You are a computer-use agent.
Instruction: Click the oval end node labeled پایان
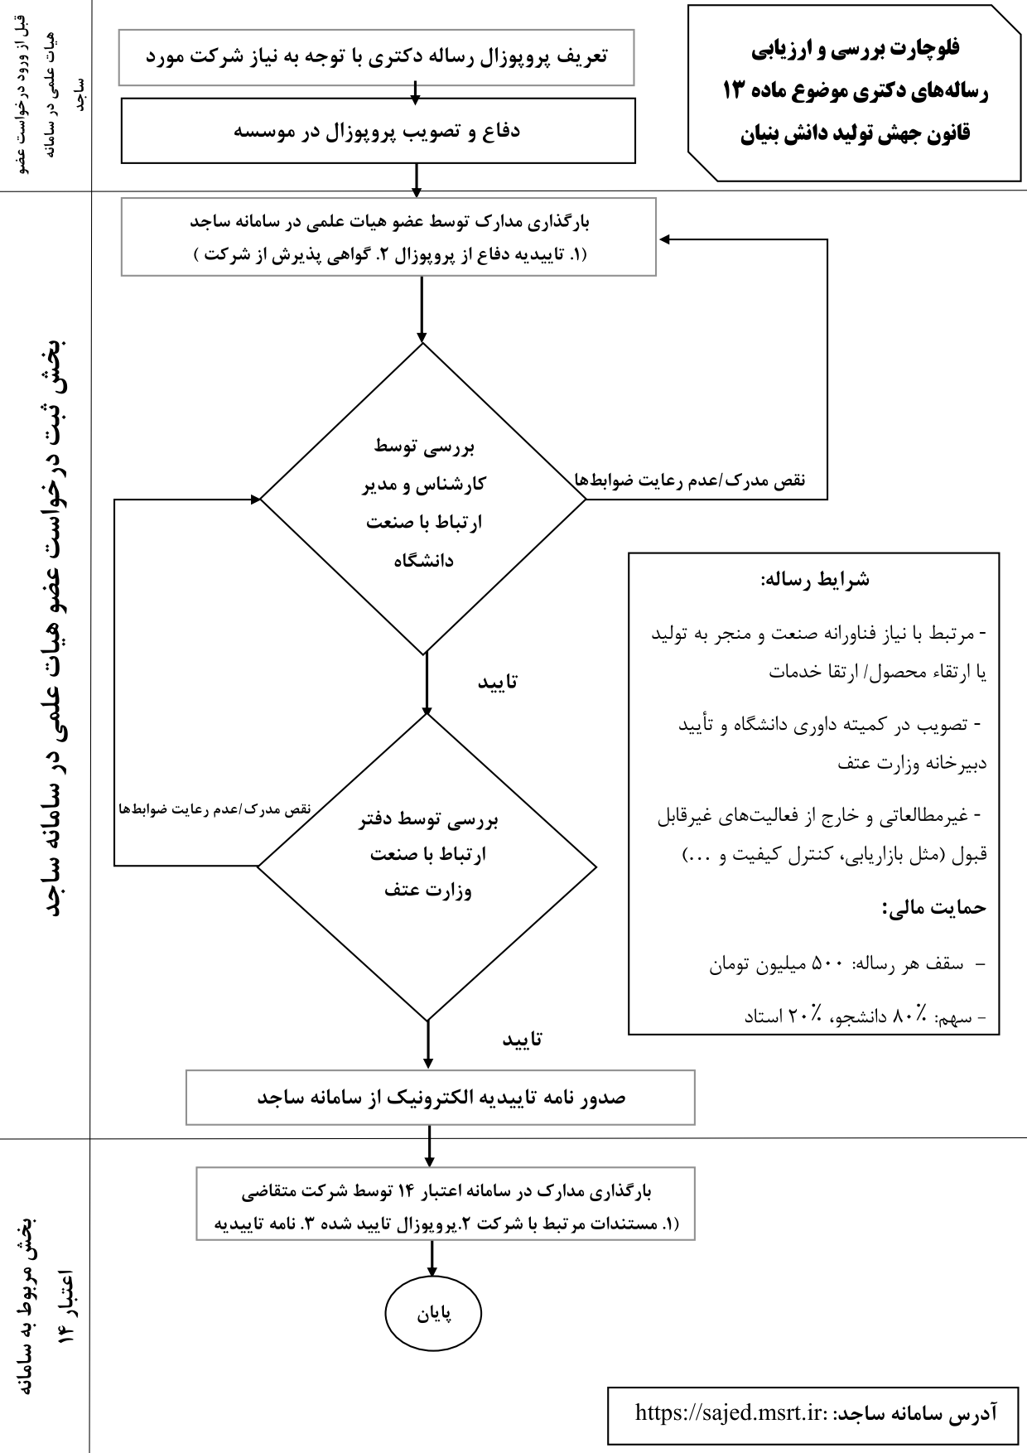[x=432, y=1314]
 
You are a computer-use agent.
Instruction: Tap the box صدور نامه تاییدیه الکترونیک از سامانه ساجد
[x=440, y=1098]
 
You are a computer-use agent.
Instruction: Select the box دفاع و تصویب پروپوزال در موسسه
[x=378, y=132]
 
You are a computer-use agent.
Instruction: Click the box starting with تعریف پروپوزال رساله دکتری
[x=376, y=57]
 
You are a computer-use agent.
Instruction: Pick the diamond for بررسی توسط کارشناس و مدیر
[x=423, y=500]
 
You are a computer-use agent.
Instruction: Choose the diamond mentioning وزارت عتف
[x=427, y=866]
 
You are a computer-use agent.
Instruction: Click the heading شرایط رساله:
[x=814, y=579]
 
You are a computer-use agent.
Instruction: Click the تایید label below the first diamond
[x=498, y=682]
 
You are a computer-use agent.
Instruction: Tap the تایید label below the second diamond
[x=523, y=1039]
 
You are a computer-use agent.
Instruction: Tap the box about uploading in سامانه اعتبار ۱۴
[x=445, y=1203]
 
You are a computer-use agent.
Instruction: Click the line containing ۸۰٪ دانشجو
[x=861, y=1016]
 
